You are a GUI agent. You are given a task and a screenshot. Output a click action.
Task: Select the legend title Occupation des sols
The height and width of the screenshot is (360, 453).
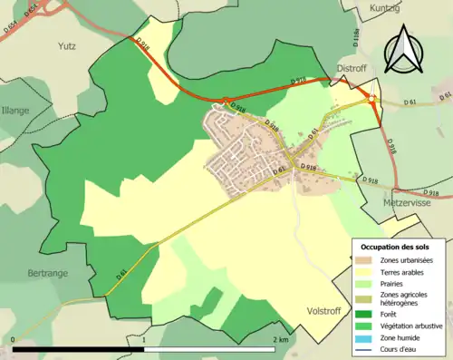pos(395,245)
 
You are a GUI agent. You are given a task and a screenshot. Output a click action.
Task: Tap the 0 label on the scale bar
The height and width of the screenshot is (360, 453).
pos(13,339)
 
